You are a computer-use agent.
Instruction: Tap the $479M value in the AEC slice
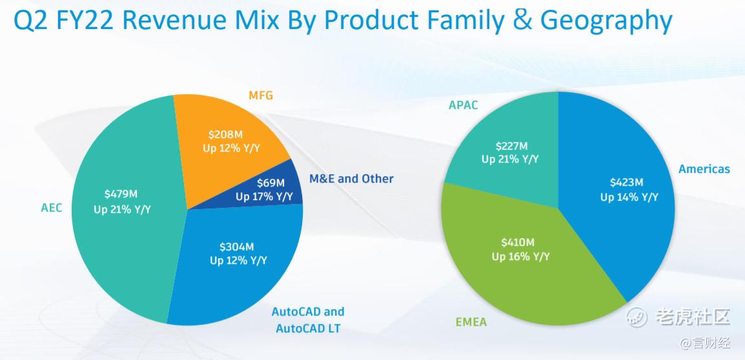click(121, 194)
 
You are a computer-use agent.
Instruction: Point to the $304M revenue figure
click(237, 246)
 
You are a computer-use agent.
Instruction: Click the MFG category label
click(261, 95)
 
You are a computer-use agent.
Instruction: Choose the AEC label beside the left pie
click(51, 208)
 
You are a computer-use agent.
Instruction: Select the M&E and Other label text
click(351, 179)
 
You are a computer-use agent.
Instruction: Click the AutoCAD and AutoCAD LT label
click(308, 320)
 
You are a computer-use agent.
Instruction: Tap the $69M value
click(270, 183)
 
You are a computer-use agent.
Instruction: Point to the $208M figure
click(225, 135)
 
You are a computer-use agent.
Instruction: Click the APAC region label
click(464, 105)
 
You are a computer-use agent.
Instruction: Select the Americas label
click(704, 169)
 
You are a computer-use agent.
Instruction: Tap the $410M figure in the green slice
click(518, 242)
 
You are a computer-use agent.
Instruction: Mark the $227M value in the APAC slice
click(511, 146)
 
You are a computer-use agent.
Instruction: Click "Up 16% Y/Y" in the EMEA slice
click(520, 256)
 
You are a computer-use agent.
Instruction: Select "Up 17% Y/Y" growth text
click(264, 197)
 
